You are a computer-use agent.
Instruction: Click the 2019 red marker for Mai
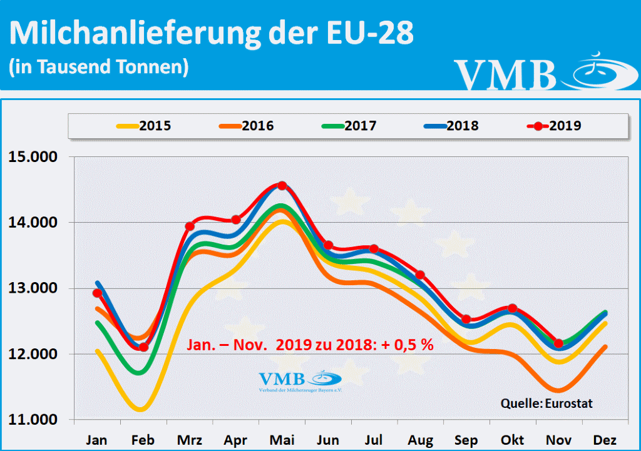pos(282,186)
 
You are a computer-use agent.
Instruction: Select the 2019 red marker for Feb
pos(143,347)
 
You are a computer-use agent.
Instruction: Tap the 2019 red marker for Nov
pos(558,343)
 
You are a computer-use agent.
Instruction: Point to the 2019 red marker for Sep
pos(466,320)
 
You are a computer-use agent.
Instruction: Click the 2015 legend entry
pos(143,126)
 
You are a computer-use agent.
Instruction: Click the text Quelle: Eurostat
pos(546,403)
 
